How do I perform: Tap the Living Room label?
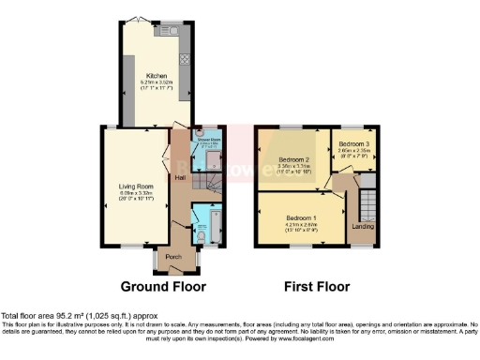coord(135,187)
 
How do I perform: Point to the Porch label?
coord(173,256)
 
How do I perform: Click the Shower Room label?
coord(205,141)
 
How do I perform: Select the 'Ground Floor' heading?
coord(164,286)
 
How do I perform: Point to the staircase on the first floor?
coord(367,203)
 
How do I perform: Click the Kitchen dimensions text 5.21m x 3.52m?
coord(155,82)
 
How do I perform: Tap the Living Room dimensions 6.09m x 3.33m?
coord(135,195)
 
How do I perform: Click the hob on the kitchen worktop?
coord(184,58)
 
